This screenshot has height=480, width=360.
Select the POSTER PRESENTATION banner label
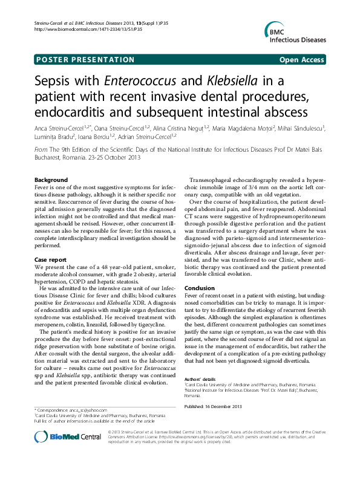pyautogui.click(x=85, y=60)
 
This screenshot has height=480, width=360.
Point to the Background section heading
pyautogui.click(x=51, y=181)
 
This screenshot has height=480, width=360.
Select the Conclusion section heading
pyautogui.click(x=200, y=288)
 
